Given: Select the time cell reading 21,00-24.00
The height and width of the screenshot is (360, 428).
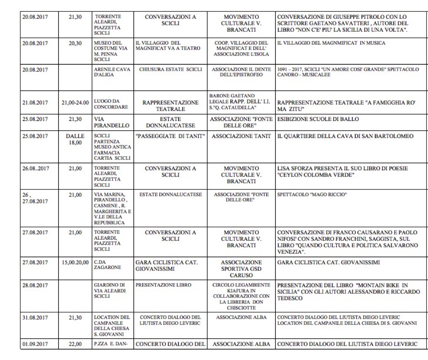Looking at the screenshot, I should [75, 103].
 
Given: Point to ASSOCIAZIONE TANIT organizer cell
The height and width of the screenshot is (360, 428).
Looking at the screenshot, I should [241, 136].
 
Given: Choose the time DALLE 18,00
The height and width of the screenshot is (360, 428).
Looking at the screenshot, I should [75, 139].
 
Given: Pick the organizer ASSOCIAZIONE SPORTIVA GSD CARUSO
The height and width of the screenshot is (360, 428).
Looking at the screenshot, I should [241, 269].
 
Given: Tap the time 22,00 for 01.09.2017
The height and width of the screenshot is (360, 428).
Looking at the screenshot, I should [75, 345].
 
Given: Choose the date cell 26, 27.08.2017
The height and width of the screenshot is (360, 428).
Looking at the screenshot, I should [35, 198].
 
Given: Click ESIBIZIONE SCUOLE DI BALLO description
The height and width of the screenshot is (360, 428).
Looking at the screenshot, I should [318, 119].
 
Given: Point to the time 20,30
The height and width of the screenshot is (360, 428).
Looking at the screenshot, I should [75, 43].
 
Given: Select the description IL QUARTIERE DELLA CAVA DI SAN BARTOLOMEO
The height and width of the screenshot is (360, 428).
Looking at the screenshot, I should [345, 136].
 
